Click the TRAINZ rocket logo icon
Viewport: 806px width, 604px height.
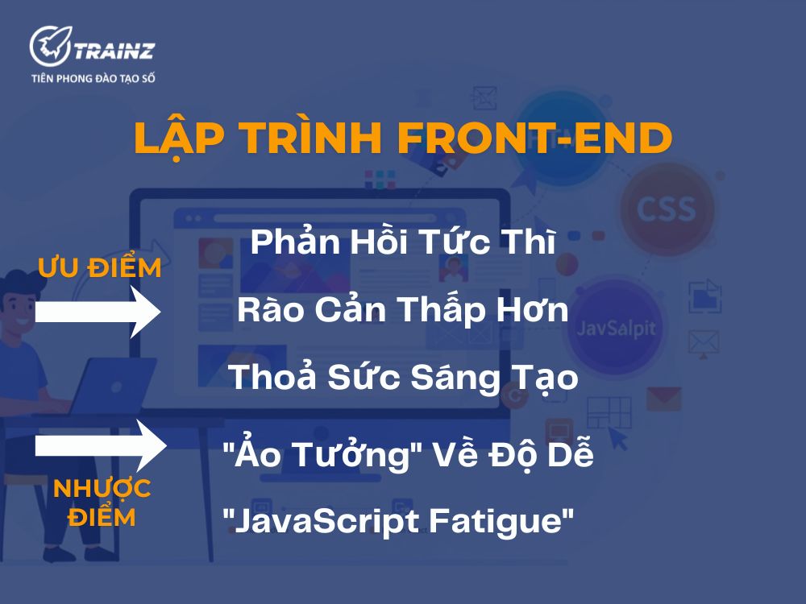pyautogui.click(x=49, y=46)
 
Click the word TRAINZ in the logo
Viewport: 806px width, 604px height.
pyautogui.click(x=112, y=51)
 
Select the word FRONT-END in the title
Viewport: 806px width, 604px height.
pyautogui.click(x=534, y=139)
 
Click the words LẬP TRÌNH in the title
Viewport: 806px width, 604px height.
pyautogui.click(x=260, y=139)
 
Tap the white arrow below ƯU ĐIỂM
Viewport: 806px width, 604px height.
pyautogui.click(x=100, y=312)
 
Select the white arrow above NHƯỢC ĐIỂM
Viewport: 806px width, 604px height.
pyautogui.click(x=100, y=444)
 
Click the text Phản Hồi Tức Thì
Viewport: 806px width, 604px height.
pyautogui.click(x=403, y=243)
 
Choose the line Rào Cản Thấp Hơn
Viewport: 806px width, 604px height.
pyautogui.click(x=403, y=311)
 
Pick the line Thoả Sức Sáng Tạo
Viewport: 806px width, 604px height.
pyautogui.click(x=403, y=378)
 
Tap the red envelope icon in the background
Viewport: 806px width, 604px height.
pyautogui.click(x=663, y=397)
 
